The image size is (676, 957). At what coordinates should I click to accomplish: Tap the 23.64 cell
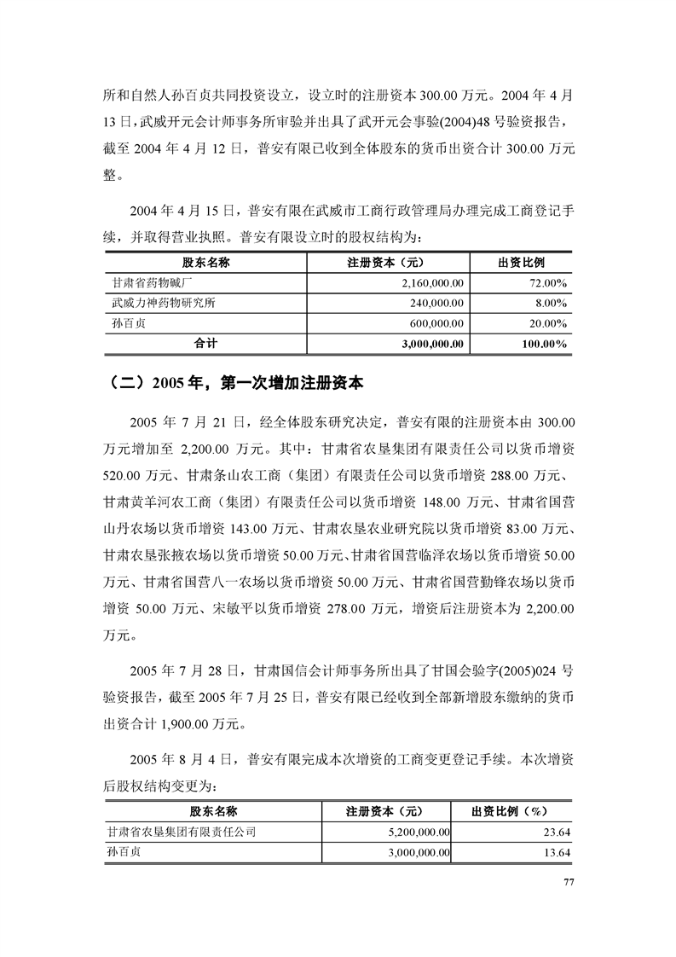(558, 831)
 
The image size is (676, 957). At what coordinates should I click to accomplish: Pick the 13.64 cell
(558, 852)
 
